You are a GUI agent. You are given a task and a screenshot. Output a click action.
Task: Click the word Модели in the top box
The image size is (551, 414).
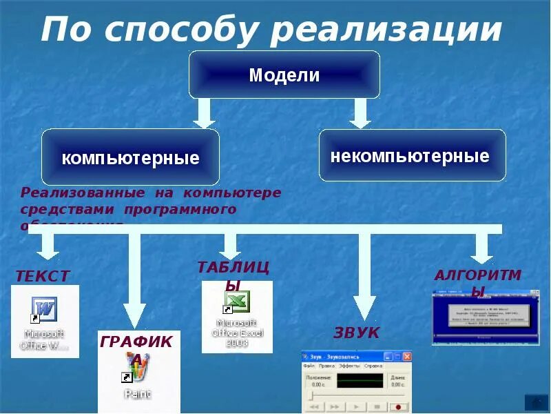pos(284,75)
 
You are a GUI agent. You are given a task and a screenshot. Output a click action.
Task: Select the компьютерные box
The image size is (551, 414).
pos(130,158)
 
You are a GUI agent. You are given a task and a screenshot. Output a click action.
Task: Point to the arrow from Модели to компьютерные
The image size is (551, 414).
pos(203,112)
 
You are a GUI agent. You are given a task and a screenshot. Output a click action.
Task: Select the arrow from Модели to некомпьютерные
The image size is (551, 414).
pos(360,112)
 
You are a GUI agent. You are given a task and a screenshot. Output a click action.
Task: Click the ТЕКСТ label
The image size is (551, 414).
pos(42,276)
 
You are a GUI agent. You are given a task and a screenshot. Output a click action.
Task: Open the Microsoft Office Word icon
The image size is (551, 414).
pos(44,309)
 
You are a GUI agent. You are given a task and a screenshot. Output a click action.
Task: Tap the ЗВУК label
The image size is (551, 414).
pos(356,333)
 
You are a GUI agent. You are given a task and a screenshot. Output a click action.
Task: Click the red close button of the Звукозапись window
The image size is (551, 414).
pos(407,356)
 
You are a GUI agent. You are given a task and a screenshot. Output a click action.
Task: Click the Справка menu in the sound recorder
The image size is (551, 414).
pos(373,366)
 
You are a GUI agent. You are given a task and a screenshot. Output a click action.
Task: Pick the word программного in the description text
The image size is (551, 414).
pos(180,208)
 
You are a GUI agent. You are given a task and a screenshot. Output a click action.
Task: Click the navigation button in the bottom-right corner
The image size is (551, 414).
pos(535,402)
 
